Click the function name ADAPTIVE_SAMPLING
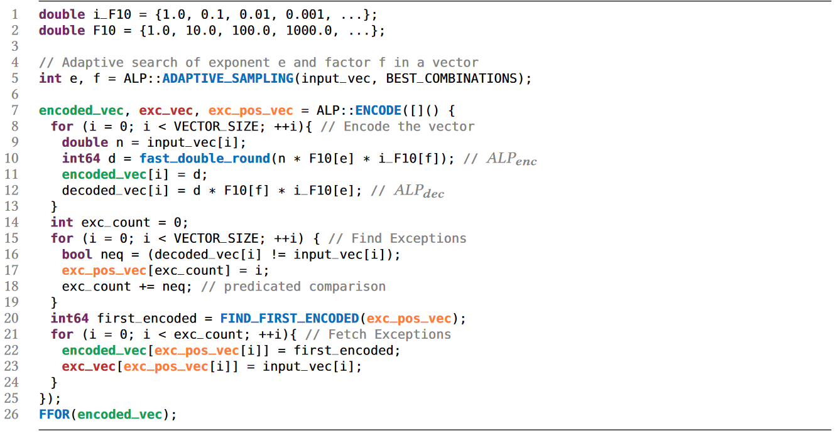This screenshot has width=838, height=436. click(227, 78)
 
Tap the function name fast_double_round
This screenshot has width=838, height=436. click(205, 159)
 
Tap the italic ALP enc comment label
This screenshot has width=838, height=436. click(511, 159)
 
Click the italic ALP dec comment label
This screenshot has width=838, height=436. click(419, 191)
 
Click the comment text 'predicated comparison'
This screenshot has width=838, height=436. click(305, 286)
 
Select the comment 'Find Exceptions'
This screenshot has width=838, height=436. click(408, 238)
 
